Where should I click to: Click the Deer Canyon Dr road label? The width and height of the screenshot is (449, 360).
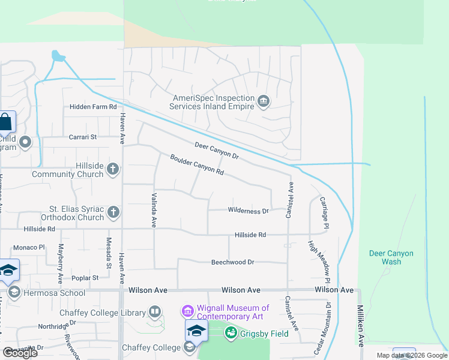pyautogui.click(x=217, y=151)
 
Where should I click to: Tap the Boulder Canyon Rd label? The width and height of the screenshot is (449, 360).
pyautogui.click(x=197, y=164)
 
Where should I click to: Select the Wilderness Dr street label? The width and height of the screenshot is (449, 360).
pyautogui.click(x=248, y=211)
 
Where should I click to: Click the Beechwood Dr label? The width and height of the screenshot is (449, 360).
pyautogui.click(x=233, y=262)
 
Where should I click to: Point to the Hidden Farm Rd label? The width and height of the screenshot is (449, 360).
pyautogui.click(x=92, y=106)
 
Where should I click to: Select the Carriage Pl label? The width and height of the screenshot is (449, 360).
pyautogui.click(x=325, y=212)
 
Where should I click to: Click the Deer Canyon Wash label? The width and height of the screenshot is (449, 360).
pyautogui.click(x=391, y=257)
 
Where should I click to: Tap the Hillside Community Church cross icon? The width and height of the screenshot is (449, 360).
pyautogui.click(x=112, y=170)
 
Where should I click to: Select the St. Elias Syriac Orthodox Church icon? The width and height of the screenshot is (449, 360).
pyautogui.click(x=113, y=212)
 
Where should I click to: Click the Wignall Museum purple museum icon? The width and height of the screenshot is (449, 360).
pyautogui.click(x=187, y=312)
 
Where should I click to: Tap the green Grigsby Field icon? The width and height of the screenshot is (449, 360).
pyautogui.click(x=231, y=334)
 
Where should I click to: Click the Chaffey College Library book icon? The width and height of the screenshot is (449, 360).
pyautogui.click(x=155, y=313)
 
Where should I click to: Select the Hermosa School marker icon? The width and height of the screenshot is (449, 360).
pyautogui.click(x=14, y=292)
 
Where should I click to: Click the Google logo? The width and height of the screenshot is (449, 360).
pyautogui.click(x=20, y=353)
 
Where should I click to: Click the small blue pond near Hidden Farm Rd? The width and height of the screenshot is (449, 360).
pyautogui.click(x=58, y=56)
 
